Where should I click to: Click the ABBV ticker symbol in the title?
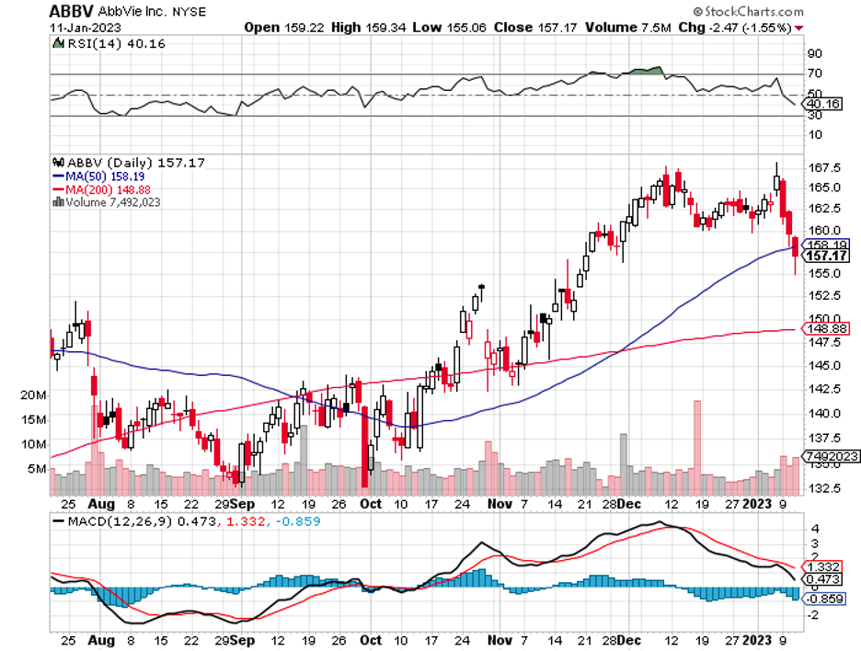pyautogui.click(x=71, y=11)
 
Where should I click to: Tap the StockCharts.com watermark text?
pyautogui.click(x=752, y=11)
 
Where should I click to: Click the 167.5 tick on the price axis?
pyautogui.click(x=820, y=168)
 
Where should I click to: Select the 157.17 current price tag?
pyautogui.click(x=826, y=256)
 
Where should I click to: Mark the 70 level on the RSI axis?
pyautogui.click(x=814, y=73)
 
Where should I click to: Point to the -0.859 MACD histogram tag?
pyautogui.click(x=825, y=600)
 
